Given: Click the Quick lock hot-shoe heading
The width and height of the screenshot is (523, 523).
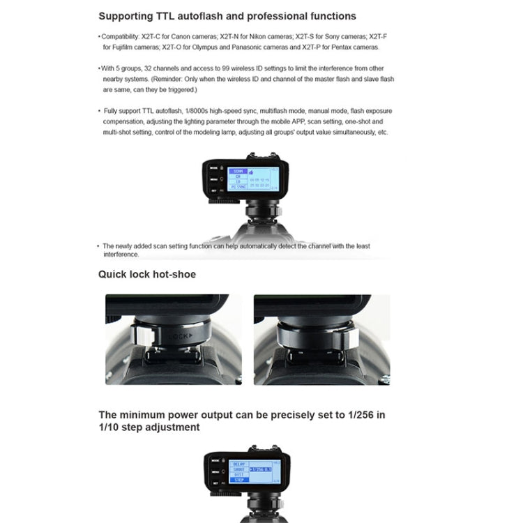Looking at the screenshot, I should (147, 275).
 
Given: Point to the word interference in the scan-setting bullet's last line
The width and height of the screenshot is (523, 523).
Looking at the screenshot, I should (121, 255).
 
